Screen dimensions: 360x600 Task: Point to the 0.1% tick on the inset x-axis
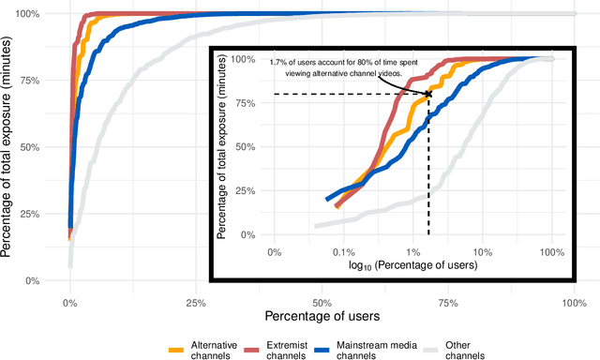(x=343, y=252)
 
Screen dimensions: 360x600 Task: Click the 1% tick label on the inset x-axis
(x=412, y=252)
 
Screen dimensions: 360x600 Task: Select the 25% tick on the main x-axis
(x=196, y=303)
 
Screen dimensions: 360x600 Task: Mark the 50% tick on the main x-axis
(x=322, y=303)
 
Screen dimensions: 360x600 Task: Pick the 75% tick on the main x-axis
(x=448, y=303)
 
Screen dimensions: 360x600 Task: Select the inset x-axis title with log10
(x=412, y=266)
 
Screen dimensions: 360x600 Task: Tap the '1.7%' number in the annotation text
(x=278, y=63)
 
